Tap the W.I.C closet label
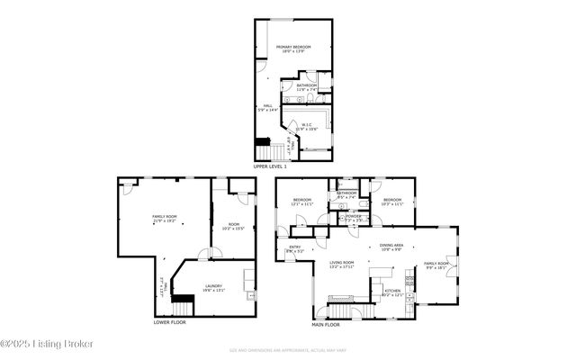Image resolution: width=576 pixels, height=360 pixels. point(307,127)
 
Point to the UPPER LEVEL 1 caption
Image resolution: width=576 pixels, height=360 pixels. point(270,166)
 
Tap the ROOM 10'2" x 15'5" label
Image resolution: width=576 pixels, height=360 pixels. point(233,227)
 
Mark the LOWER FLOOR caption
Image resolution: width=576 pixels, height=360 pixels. point(170,321)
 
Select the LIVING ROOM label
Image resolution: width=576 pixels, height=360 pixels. point(340,265)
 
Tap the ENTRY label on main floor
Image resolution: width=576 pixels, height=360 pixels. point(293,249)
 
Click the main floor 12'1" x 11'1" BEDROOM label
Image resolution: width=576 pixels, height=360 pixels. point(301,202)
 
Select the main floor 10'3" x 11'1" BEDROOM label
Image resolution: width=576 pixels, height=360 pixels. point(391,202)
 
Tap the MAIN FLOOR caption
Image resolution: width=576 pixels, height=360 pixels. point(326,323)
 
